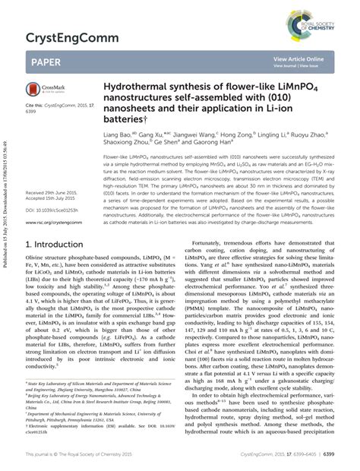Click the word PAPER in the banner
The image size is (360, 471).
coord(47,62)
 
